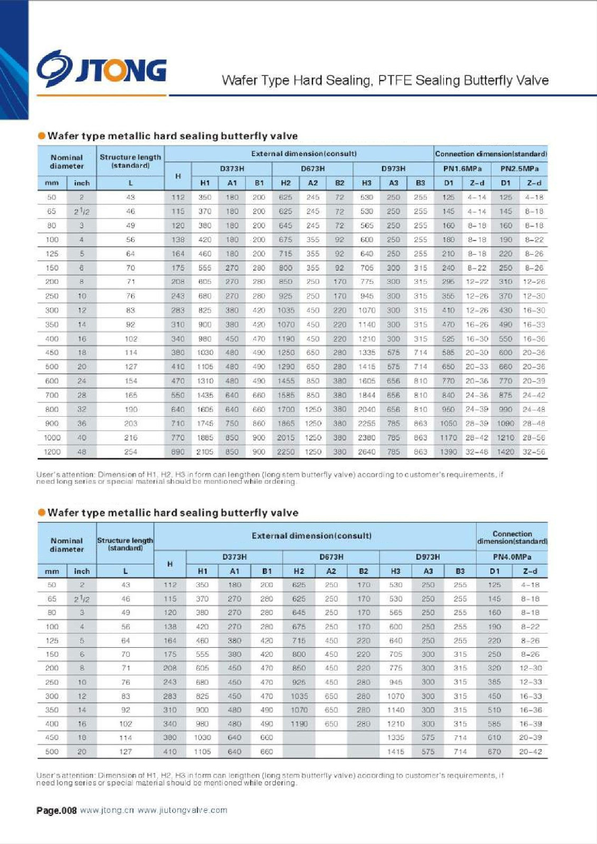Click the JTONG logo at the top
(101, 69)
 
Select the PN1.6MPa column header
(462, 169)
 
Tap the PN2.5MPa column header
(519, 169)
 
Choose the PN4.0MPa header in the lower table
(511, 557)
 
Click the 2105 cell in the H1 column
(205, 452)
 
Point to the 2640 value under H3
(366, 452)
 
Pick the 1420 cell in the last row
(505, 452)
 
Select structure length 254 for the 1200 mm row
(130, 452)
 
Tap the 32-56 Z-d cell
(534, 452)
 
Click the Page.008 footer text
(56, 810)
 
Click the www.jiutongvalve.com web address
(182, 810)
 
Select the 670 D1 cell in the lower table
(494, 751)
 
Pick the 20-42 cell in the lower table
(530, 751)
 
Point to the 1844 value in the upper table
(366, 395)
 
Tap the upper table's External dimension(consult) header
(304, 154)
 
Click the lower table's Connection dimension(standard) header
(511, 538)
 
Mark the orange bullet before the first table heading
(42, 136)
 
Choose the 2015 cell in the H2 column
(286, 437)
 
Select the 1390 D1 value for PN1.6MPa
(448, 452)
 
